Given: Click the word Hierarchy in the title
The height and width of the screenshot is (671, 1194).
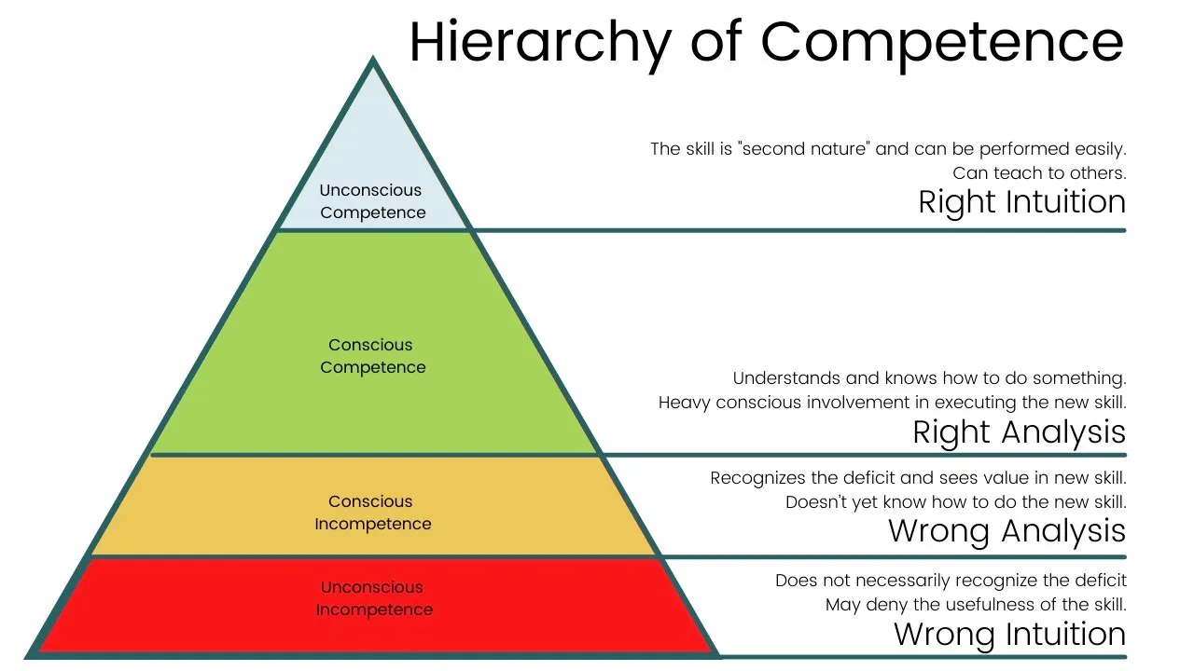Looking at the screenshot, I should (x=539, y=42).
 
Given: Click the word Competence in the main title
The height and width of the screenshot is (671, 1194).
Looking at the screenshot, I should (x=942, y=42).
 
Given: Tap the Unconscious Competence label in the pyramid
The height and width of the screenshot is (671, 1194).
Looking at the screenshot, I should (x=371, y=201).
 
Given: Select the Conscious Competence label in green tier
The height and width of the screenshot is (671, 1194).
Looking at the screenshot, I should (x=372, y=356).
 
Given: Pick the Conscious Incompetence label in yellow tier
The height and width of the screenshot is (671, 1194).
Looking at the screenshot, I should (x=372, y=513).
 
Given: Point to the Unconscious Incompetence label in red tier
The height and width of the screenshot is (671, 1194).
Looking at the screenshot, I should (x=373, y=598).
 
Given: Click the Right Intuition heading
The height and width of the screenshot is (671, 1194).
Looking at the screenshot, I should (x=1021, y=202).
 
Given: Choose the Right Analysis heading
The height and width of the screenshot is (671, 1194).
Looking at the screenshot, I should (x=1019, y=432).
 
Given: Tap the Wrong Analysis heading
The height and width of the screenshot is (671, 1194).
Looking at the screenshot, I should (x=1007, y=531).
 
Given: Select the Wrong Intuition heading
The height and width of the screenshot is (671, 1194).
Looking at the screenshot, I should (x=1009, y=635).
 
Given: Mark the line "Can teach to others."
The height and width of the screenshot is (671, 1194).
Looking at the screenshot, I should (x=1039, y=173).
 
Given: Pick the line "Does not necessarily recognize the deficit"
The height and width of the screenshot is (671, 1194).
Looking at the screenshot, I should (x=951, y=581).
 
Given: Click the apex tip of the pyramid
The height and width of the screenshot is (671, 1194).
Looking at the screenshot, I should (x=373, y=62).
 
